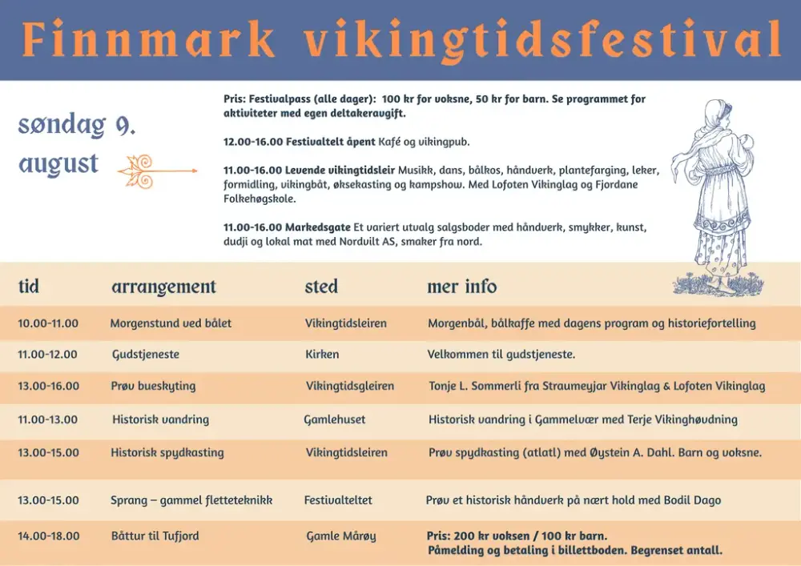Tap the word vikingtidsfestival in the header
542,41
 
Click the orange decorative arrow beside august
157,171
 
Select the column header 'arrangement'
163,287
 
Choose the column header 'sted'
321,286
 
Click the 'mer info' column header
461,286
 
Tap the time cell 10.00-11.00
48,323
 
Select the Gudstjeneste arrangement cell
146,354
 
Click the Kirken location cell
322,354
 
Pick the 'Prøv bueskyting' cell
153,386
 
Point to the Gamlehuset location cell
335,419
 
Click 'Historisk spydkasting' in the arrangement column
167,452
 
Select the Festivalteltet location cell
338,500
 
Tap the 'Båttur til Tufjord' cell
155,536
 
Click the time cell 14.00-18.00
49,536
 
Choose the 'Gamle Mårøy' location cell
340,536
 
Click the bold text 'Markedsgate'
318,227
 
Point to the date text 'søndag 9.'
77,125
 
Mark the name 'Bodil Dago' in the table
692,500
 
